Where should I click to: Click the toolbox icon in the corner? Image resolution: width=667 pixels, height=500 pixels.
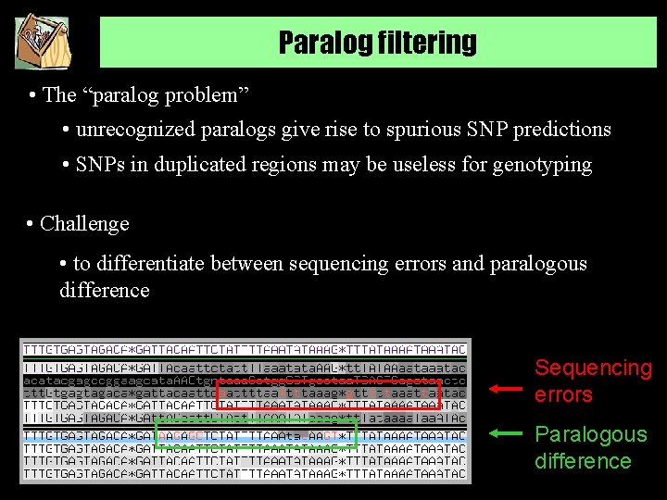pyautogui.click(x=43, y=43)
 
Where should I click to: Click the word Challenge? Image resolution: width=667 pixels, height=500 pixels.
pyautogui.click(x=84, y=224)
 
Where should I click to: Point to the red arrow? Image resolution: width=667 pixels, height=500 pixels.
pyautogui.click(x=506, y=390)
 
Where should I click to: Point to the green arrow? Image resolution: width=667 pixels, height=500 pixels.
pyautogui.click(x=506, y=432)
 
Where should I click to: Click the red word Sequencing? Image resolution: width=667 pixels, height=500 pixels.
pyautogui.click(x=593, y=369)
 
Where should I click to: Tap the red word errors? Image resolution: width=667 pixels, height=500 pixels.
pyautogui.click(x=562, y=395)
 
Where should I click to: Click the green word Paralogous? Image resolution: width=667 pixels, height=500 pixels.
pyautogui.click(x=590, y=434)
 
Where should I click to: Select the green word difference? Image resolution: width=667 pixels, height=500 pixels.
pyautogui.click(x=583, y=461)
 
